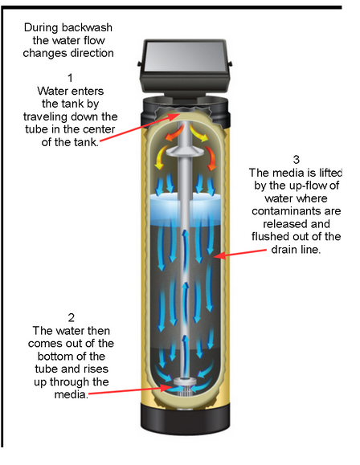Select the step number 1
pos(70,78)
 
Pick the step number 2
pos(70,316)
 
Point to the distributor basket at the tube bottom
pos(180,385)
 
